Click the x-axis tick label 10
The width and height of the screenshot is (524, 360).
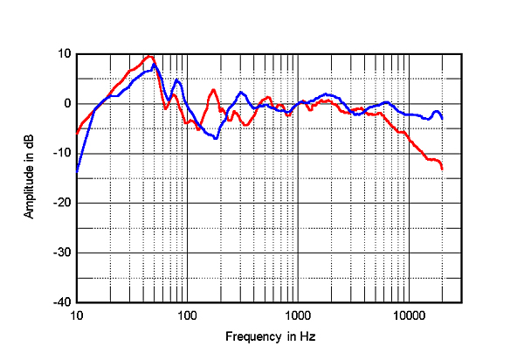pyautogui.click(x=77, y=315)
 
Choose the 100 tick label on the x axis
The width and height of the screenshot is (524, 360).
pyautogui.click(x=187, y=315)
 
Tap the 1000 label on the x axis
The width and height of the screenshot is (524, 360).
pyautogui.click(x=298, y=315)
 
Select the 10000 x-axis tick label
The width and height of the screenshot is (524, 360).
pyautogui.click(x=408, y=315)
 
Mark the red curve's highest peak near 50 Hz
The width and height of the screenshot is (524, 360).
pyautogui.click(x=149, y=56)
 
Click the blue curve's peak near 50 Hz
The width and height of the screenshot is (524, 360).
pyautogui.click(x=155, y=64)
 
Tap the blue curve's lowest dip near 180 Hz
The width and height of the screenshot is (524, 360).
pyautogui.click(x=216, y=138)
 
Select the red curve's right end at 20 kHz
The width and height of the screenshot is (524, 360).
pyautogui.click(x=442, y=168)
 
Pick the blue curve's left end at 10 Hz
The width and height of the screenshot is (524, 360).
pyautogui.click(x=77, y=170)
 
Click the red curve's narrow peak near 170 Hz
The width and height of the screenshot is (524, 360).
pyautogui.click(x=212, y=89)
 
